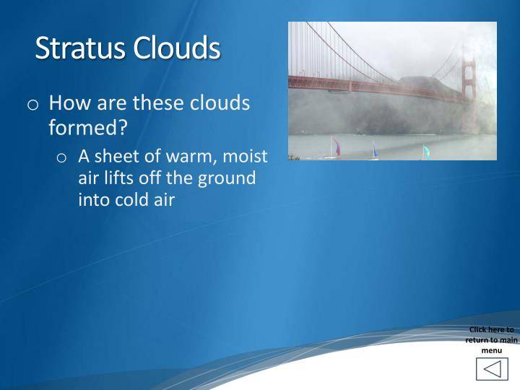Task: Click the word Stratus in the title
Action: coord(80,48)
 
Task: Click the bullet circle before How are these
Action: coord(34,105)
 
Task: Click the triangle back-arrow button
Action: coord(492,369)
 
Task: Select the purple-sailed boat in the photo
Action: coord(334,147)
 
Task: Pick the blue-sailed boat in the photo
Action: coord(374,150)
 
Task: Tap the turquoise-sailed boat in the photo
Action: coord(425,152)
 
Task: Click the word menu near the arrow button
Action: coord(491,350)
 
